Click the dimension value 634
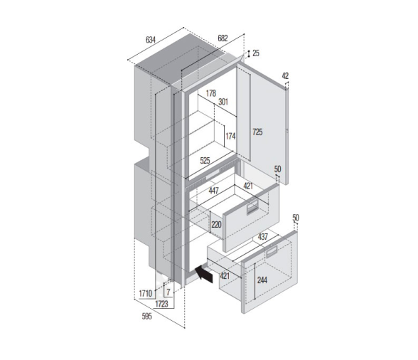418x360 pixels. pyautogui.click(x=151, y=40)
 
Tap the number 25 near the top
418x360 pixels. pyautogui.click(x=256, y=53)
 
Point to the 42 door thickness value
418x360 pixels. pyautogui.click(x=285, y=75)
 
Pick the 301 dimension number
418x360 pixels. pyautogui.click(x=223, y=101)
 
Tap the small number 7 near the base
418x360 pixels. pyautogui.click(x=168, y=292)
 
